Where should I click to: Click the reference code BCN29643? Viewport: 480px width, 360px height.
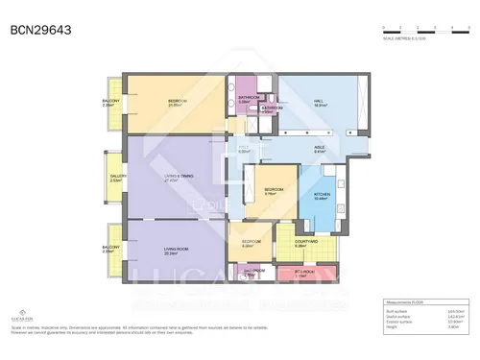click(39, 30)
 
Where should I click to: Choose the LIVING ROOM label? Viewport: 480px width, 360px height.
click(175, 252)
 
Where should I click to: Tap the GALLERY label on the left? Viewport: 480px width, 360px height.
click(117, 178)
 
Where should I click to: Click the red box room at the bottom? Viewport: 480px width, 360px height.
click(304, 274)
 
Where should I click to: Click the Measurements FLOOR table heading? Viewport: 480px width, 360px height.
click(403, 302)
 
